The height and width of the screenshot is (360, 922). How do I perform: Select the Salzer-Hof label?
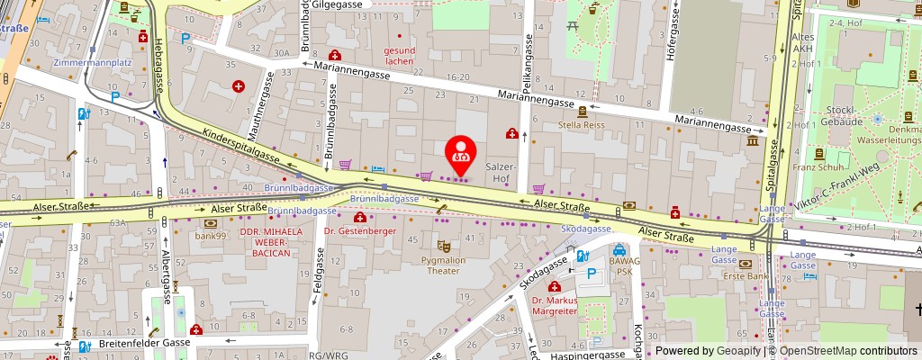pos(501,173)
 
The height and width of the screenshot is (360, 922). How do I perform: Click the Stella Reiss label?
pos(581,125)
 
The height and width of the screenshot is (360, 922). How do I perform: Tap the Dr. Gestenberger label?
pos(361,230)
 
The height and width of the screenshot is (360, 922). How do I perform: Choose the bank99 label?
pos(210,236)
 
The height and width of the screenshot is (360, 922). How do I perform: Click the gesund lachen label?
pos(399,56)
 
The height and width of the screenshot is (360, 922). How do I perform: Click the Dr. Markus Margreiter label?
pos(554,306)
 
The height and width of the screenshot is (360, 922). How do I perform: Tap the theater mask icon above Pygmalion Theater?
pos(442,245)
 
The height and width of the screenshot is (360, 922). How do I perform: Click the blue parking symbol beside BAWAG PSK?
pos(591,274)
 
